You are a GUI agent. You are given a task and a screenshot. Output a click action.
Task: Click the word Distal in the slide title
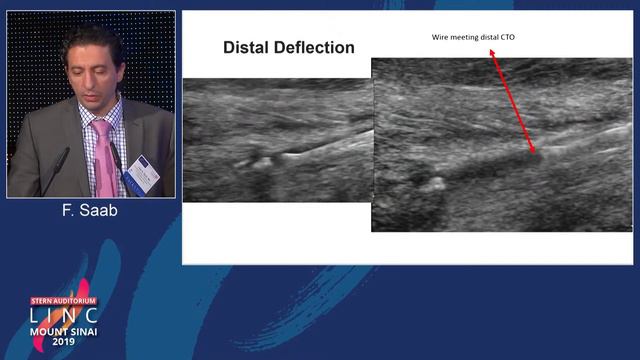tap(245, 47)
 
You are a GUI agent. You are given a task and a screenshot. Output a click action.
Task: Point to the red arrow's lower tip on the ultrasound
tap(535, 152)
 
